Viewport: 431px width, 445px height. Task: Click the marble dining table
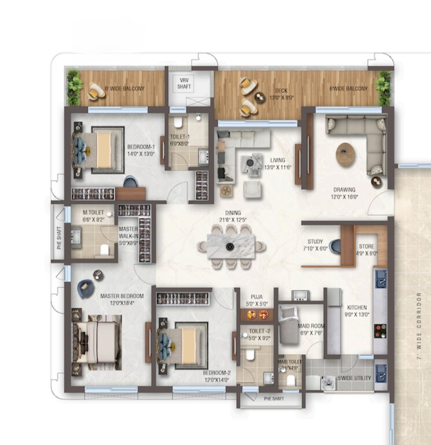[230, 247]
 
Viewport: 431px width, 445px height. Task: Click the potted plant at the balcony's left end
[73, 89]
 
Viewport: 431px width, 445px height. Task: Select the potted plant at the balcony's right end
[382, 88]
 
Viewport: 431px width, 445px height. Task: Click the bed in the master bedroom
[97, 343]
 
